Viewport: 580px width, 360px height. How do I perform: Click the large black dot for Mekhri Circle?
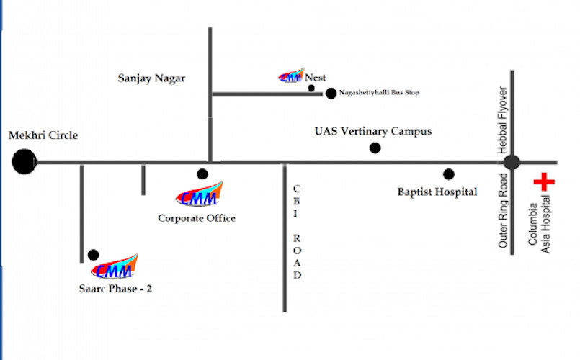coord(24,161)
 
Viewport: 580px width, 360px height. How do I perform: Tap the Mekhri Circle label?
coord(43,135)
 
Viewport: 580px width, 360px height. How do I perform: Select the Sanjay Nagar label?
coord(151,78)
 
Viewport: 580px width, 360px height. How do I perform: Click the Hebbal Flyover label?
coord(504,120)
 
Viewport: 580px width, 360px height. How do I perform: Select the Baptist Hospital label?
coord(437,192)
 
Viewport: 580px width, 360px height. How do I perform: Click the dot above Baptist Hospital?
coord(449,174)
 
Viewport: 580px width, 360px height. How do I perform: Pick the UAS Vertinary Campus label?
coord(372,132)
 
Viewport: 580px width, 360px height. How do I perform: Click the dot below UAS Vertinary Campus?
coord(375,148)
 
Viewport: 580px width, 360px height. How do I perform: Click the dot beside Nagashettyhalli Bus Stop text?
coord(331,93)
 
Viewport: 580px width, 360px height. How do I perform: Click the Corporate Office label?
coord(197,218)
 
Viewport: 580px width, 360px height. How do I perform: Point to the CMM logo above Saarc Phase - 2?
coord(115,268)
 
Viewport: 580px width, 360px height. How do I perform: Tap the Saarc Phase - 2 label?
coord(115,289)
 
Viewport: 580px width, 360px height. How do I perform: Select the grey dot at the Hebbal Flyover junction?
coord(512,162)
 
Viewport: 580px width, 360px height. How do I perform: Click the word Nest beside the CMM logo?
coord(315,76)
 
